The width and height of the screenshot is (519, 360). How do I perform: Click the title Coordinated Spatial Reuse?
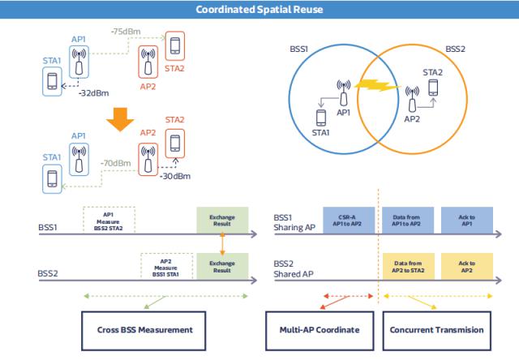(x=259, y=8)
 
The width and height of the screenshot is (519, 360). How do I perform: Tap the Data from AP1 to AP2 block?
(x=409, y=219)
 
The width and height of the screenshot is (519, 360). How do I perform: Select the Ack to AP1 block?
(x=467, y=219)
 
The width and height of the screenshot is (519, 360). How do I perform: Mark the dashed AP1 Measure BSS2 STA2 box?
(x=109, y=219)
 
